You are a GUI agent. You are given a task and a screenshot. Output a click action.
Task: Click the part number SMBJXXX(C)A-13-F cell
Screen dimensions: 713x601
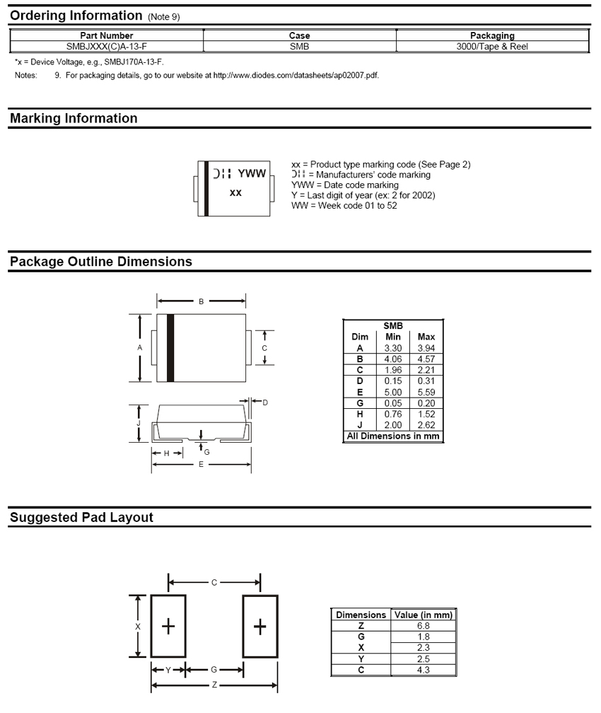point(107,47)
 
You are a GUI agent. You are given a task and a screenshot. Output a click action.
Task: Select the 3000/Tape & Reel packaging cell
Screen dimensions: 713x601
point(492,47)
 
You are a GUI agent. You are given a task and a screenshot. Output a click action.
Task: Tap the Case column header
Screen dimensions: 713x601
point(300,35)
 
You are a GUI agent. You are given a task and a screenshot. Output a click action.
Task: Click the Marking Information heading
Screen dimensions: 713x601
point(74,119)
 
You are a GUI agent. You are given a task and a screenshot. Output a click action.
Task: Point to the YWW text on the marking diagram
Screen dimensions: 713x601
point(251,173)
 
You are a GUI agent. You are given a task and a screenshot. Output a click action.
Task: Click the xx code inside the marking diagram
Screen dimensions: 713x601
point(236,192)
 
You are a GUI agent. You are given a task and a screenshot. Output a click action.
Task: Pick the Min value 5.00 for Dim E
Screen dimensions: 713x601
point(393,392)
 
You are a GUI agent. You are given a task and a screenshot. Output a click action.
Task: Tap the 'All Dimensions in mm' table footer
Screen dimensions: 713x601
point(393,436)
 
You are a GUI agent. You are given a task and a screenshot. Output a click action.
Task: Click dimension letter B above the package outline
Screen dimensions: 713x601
point(201,302)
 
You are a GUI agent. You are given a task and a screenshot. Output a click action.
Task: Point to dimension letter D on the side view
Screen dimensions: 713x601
point(265,402)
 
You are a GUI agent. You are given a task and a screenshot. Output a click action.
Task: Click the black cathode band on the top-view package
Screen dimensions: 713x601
point(170,348)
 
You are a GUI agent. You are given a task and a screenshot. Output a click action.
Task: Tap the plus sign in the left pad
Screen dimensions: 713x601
point(168,626)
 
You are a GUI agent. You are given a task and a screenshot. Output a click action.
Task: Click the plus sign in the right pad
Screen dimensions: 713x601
point(260,626)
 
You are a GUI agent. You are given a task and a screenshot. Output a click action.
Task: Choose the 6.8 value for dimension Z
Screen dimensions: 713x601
point(423,626)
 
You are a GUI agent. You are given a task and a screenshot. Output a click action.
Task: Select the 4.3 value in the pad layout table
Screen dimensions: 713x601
point(423,670)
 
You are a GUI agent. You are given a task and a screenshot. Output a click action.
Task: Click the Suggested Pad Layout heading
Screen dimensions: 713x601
point(81,518)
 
